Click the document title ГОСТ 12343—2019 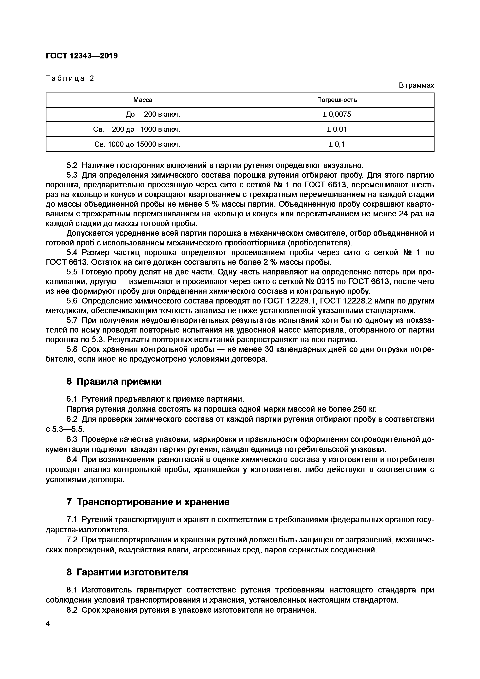click(x=82, y=56)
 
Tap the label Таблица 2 click(x=70, y=78)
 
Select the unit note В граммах click(x=416, y=86)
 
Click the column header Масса click(x=143, y=100)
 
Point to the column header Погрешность click(x=337, y=100)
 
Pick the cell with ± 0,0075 click(x=337, y=114)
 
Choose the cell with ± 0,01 click(x=337, y=129)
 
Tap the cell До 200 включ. click(x=153, y=114)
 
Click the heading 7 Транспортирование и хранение click(x=148, y=502)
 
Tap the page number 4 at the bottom click(x=48, y=632)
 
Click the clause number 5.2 click(x=72, y=165)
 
